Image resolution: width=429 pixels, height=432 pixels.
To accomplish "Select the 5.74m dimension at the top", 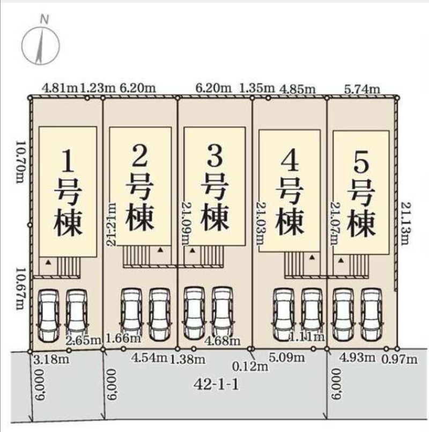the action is (362, 89).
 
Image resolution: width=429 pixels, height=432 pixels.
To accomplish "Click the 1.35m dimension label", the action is (257, 89).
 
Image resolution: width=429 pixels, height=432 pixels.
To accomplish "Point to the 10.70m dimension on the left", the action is (20, 162).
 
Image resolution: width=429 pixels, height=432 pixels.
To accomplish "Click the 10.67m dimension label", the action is (20, 289).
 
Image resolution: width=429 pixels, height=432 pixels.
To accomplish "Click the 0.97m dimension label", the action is (400, 359).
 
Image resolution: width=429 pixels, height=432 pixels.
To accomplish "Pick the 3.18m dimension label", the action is (51, 359).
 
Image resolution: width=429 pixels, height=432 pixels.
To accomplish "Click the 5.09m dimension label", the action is (287, 357).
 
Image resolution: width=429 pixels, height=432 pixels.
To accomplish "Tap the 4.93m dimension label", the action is (357, 357).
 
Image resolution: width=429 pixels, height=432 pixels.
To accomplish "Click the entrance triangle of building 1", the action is (48, 262).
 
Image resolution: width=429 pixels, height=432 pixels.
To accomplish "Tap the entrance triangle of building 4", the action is (312, 257).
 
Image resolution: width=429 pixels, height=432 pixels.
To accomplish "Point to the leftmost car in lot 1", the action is (48, 315).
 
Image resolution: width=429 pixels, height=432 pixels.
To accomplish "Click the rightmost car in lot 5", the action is (371, 314).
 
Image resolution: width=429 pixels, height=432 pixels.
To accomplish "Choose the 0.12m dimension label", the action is (250, 367).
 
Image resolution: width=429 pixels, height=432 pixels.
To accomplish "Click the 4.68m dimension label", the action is (223, 341).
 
